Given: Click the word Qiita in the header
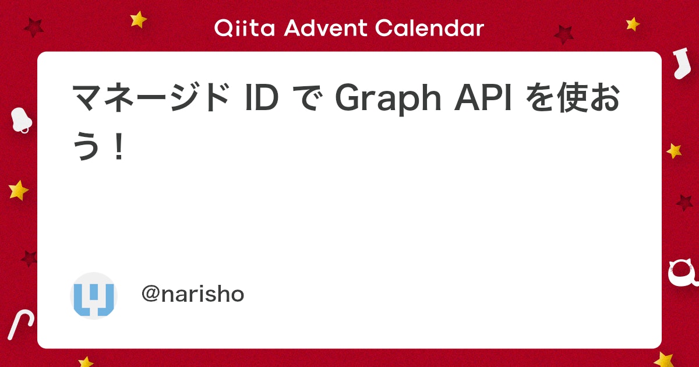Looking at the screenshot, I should click(242, 28).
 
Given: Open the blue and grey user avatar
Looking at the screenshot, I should click(94, 295).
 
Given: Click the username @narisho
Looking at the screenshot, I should click(193, 295).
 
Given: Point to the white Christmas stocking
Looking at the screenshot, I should click(679, 63).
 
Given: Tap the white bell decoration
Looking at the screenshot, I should click(22, 120).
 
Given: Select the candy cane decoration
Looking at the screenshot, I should click(20, 324).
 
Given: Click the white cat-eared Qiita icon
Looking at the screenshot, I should click(683, 273).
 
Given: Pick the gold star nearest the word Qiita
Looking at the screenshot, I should click(139, 19).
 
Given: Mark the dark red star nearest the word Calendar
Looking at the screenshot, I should click(563, 34).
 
